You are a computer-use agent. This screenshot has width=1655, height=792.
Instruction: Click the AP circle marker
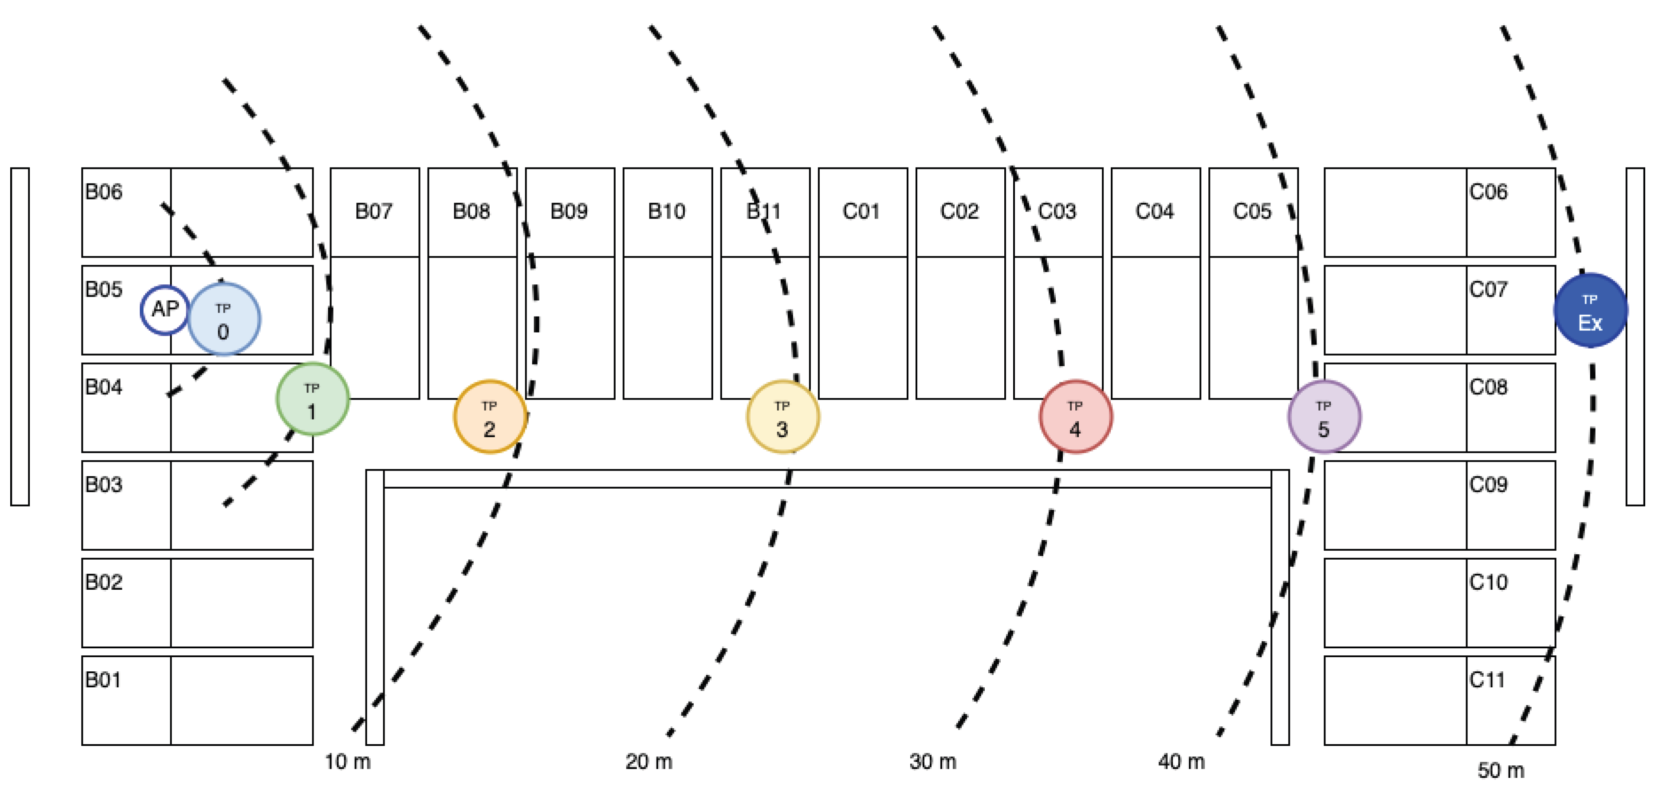point(165,310)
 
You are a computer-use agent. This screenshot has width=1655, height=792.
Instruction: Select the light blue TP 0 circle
point(224,318)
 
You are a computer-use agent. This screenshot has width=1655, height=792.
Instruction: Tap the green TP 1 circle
point(312,399)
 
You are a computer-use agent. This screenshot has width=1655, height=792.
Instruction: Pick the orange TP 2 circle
point(490,417)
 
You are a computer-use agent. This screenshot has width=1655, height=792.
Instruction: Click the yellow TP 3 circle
point(782,417)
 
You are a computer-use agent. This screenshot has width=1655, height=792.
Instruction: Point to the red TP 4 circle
point(1076,417)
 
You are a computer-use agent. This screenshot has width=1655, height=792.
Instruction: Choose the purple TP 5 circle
point(1324,417)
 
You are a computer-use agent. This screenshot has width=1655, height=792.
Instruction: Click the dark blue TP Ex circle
point(1590,310)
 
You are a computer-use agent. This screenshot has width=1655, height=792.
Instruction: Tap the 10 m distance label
point(348,762)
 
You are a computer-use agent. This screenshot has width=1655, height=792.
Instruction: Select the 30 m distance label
point(932,762)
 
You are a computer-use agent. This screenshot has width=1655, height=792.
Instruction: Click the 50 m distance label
point(1500,770)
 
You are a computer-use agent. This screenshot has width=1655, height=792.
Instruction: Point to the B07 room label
point(373,212)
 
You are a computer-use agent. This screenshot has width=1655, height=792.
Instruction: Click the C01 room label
point(861,212)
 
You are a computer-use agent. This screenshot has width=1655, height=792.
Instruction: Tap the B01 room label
point(103,680)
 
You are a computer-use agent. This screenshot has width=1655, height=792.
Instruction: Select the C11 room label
point(1487,680)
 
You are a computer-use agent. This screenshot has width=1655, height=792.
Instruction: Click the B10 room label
point(666,212)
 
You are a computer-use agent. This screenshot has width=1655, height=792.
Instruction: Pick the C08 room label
point(1488,387)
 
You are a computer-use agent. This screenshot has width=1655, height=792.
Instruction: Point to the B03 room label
point(103,484)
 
